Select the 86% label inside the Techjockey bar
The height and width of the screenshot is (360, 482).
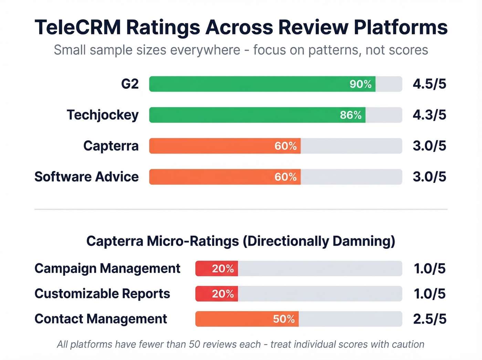click(350, 115)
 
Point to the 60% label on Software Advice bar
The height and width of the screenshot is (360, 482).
click(285, 177)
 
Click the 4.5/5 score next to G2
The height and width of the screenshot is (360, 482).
click(429, 84)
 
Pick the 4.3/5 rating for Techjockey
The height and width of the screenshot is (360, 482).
click(429, 115)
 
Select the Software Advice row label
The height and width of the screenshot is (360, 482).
click(87, 177)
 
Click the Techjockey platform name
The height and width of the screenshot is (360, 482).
click(103, 115)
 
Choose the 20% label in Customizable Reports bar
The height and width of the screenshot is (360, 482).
click(223, 294)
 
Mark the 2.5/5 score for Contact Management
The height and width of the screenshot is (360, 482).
click(429, 319)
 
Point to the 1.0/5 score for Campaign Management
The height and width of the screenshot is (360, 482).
click(429, 269)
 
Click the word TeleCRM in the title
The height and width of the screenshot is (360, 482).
click(78, 28)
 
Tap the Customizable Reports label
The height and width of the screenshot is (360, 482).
click(102, 294)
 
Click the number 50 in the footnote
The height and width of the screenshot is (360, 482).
click(195, 344)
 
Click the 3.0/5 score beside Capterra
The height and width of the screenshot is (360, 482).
click(429, 146)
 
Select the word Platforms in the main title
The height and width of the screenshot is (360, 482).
click(401, 28)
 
